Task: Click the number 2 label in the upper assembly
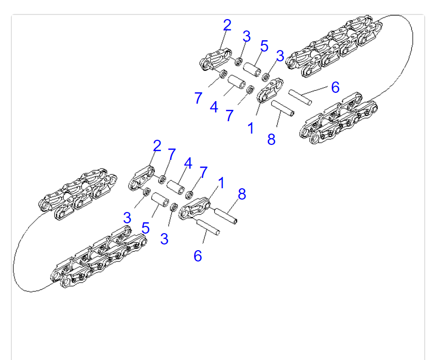coord(227,25)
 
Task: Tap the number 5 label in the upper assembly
coord(264,46)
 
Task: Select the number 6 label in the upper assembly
coord(335,87)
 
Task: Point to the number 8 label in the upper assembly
coord(271,139)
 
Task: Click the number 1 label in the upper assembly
coord(251,128)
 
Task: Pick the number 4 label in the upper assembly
coord(214,107)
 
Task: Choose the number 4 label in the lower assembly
coord(188,163)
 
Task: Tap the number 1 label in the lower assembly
coord(221,183)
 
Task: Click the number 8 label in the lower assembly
coord(242,194)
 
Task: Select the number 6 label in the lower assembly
coord(198,256)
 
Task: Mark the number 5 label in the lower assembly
coord(146,228)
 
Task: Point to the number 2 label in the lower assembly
coord(157,146)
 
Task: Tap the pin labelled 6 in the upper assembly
coord(300,97)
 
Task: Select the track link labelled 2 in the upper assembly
coord(215,59)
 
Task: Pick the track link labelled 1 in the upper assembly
coord(270,90)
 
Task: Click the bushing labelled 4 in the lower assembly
coord(176,187)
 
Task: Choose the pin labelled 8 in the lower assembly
coord(226,216)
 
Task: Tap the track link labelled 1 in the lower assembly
coord(195,208)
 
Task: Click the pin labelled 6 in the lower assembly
coord(208,227)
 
